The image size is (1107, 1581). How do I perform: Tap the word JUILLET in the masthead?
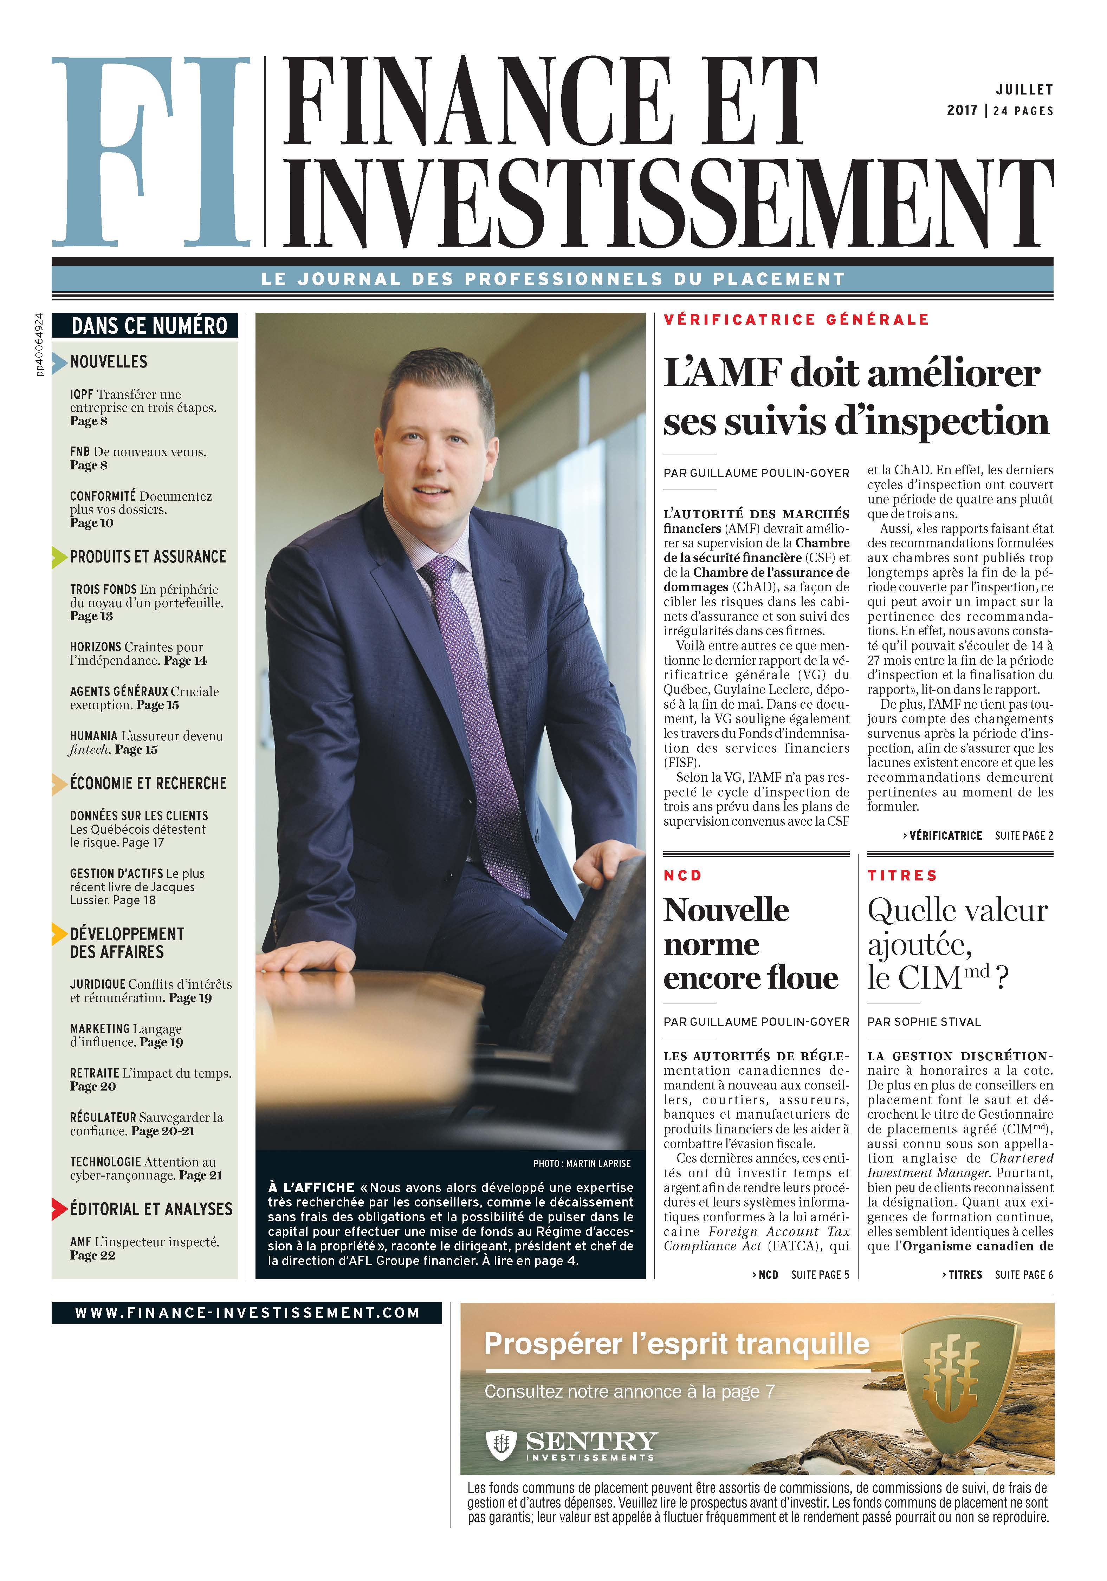[x=1024, y=90]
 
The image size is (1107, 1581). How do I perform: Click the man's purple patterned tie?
[x=475, y=702]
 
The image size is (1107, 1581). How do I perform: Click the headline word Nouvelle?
[x=726, y=910]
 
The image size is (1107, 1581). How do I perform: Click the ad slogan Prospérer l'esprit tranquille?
[x=676, y=1343]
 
